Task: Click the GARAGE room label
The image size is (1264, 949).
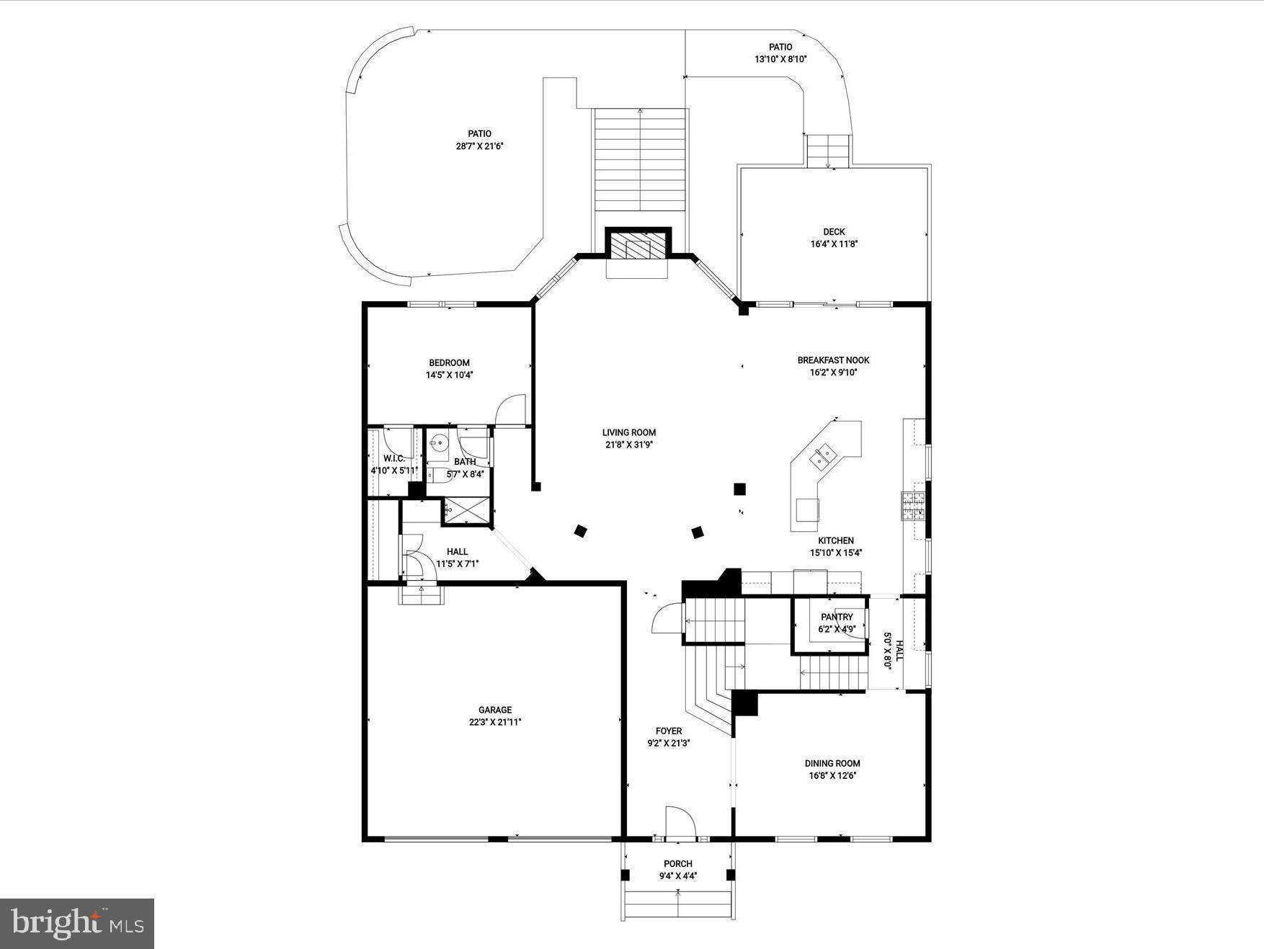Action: coord(494,710)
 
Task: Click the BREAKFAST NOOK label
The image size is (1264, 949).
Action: coord(833,360)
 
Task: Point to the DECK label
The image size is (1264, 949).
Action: coord(834,232)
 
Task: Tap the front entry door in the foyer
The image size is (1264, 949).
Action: coord(680,824)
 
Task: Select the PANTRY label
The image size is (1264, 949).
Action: coord(837,617)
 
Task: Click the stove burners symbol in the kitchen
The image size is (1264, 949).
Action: coord(912,506)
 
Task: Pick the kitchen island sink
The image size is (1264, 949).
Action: coord(824,455)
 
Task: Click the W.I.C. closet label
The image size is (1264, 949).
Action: coord(393,459)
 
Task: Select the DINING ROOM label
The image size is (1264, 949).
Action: coord(832,763)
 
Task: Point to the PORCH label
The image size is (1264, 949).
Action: coord(677,864)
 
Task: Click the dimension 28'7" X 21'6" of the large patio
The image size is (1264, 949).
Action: coord(480,146)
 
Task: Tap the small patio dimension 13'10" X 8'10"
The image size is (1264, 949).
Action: coord(780,59)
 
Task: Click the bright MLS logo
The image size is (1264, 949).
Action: coord(77,923)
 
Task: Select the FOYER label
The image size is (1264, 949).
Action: coord(669,731)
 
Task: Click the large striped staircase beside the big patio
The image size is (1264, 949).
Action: coord(640,159)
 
